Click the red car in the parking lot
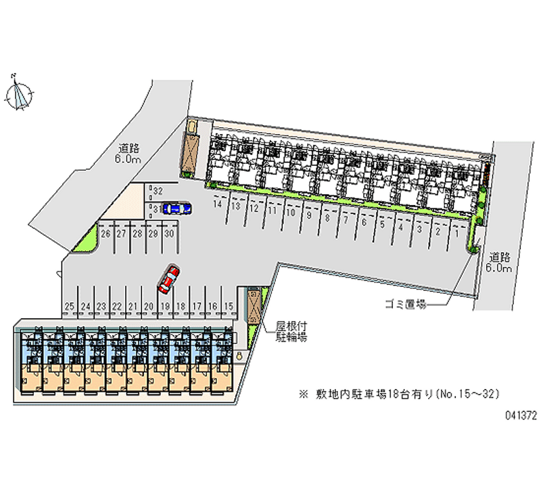click(x=168, y=279)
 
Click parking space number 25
click(x=68, y=307)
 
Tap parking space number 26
click(x=105, y=233)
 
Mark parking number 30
click(x=170, y=233)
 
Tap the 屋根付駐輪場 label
click(x=291, y=331)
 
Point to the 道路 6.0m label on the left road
click(x=128, y=154)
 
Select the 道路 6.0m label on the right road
click(x=498, y=263)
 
